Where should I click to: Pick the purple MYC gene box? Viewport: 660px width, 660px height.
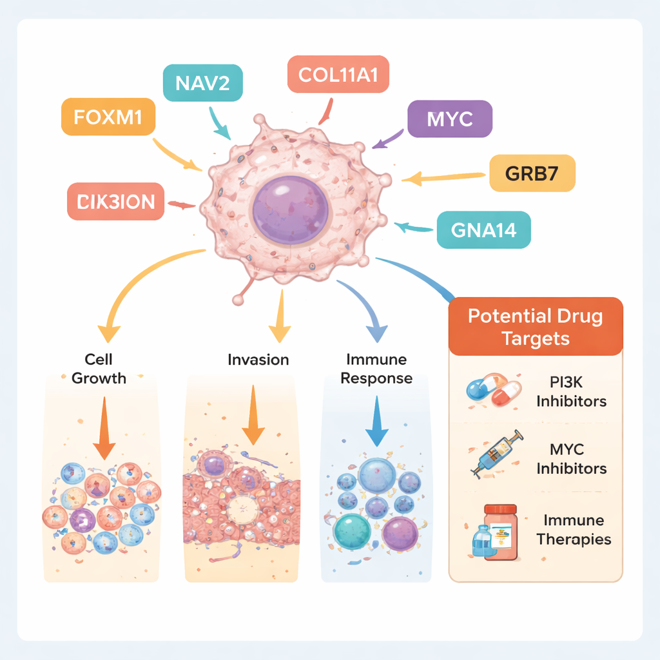450,119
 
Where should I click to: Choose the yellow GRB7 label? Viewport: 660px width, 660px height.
532,173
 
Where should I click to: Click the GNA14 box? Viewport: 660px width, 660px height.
483,229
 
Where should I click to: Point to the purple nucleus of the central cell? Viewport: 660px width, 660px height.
291,209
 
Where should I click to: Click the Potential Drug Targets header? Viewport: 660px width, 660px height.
536,327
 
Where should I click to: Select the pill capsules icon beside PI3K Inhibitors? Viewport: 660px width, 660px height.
493,391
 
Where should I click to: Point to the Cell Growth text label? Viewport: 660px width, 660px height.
99,368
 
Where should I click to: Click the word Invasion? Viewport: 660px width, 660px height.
258,360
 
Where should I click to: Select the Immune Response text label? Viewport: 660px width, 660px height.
376,368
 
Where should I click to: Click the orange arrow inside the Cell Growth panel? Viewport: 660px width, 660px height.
104,432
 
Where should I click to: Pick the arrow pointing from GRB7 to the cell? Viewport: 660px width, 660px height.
445,176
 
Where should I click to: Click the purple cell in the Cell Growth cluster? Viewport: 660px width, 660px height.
82,519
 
